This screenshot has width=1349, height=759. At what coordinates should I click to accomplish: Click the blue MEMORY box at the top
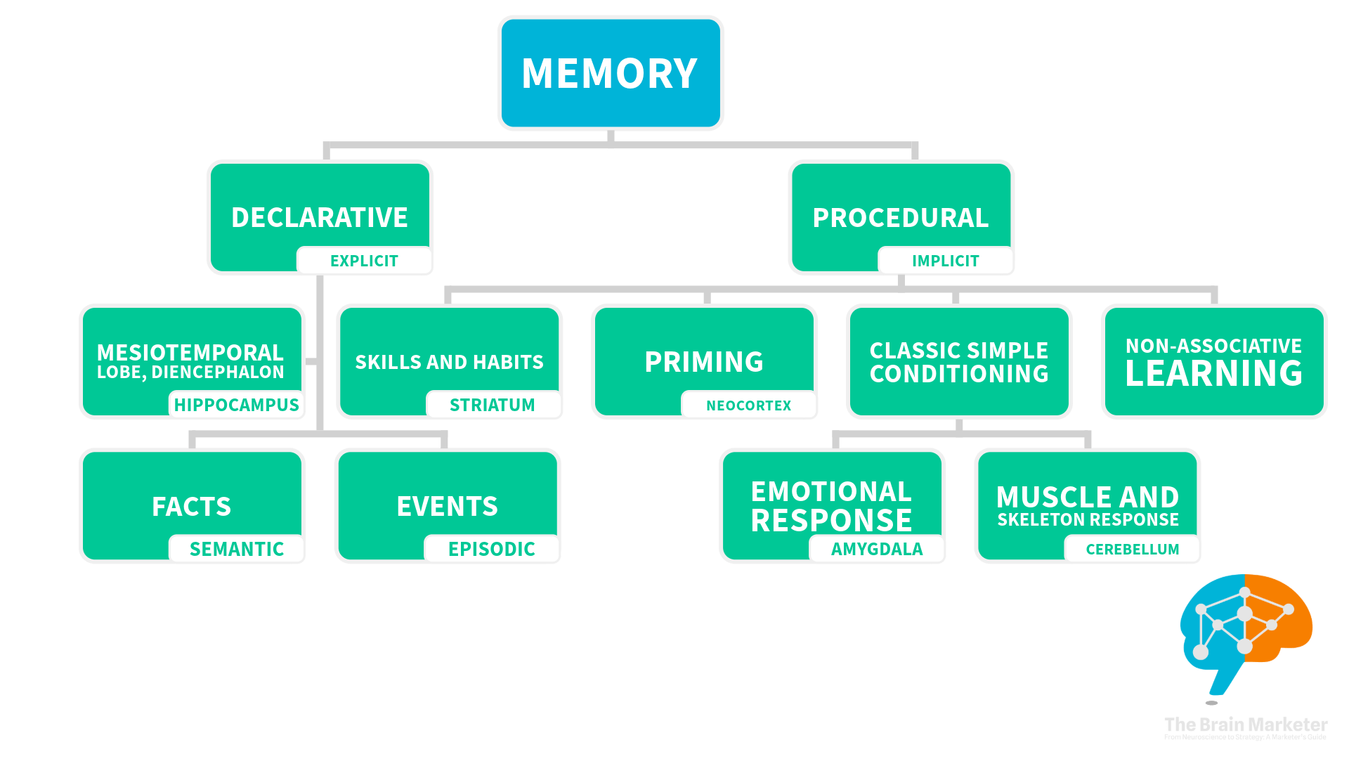[x=610, y=73]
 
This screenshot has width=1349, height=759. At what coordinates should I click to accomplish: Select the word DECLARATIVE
[x=320, y=217]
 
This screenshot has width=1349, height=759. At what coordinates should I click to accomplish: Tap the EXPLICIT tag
[x=364, y=261]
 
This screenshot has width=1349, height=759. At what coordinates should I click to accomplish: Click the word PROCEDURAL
[x=901, y=218]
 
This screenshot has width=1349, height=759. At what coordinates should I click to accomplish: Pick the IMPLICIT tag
[x=945, y=261]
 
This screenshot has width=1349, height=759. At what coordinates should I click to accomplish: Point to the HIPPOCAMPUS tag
[x=236, y=405]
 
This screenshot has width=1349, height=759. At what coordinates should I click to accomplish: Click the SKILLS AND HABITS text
[x=449, y=362]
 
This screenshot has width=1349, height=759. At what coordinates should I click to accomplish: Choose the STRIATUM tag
[x=492, y=405]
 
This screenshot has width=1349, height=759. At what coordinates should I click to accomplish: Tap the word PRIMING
[x=704, y=362]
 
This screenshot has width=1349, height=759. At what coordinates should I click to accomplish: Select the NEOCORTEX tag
[x=748, y=406]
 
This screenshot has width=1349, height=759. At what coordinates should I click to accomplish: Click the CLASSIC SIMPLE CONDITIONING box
[x=959, y=362]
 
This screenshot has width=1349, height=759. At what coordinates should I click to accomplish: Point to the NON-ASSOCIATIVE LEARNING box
[x=1213, y=362]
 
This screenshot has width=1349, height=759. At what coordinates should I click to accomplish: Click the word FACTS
[x=192, y=506]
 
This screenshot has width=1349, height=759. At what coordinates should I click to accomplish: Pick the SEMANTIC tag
[x=237, y=549]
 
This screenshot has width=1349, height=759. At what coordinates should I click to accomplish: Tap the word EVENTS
[x=448, y=506]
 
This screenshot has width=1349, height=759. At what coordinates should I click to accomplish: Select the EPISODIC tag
[x=492, y=549]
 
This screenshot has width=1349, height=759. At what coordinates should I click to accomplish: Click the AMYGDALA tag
[x=877, y=549]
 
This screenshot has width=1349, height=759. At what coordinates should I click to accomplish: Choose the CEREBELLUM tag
[x=1132, y=549]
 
